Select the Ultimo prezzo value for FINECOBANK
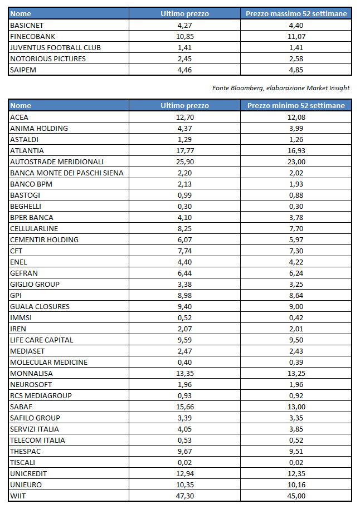pos(184,36)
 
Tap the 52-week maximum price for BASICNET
pos(296,25)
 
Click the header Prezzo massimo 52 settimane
pos(296,13)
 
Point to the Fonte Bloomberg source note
pos(281,88)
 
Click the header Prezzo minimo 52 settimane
pos(296,105)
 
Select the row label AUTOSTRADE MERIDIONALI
pos(57,161)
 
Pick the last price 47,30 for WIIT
pos(184,496)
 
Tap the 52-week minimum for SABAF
pos(296,407)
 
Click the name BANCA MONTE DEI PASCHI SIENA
pos(67,173)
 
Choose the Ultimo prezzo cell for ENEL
pos(184,262)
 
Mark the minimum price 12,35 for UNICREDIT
pos(296,473)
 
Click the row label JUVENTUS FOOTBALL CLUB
pos(55,47)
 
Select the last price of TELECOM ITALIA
pos(184,440)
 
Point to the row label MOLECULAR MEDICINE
pos(49,362)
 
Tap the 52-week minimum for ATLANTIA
pos(296,150)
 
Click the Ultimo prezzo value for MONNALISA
pos(184,373)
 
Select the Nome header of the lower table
pos(21,105)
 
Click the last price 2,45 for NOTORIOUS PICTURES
pos(184,58)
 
